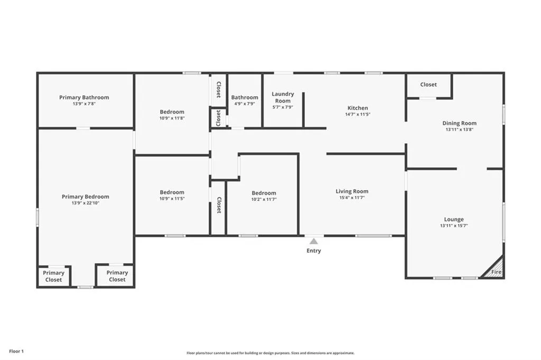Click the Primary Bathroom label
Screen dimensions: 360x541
click(84, 97)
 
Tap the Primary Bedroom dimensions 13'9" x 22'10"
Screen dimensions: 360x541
click(85, 203)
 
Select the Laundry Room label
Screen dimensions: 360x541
click(283, 97)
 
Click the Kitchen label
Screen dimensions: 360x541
click(357, 108)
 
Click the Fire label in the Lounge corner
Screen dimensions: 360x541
click(496, 272)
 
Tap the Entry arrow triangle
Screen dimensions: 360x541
click(314, 241)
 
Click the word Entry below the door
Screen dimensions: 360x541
click(314, 251)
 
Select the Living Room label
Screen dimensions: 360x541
click(352, 191)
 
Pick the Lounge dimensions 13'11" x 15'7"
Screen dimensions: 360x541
click(454, 226)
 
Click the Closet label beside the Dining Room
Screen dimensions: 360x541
click(428, 85)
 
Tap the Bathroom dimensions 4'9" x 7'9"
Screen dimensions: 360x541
click(245, 104)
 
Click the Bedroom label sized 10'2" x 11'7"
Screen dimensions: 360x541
click(264, 193)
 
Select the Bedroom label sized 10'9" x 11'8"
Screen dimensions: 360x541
click(172, 112)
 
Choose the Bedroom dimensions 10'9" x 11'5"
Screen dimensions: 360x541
click(172, 199)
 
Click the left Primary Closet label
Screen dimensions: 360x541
click(53, 276)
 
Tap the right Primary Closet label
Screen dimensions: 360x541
click(117, 276)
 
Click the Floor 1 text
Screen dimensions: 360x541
click(16, 351)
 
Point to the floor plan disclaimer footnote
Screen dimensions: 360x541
click(270, 353)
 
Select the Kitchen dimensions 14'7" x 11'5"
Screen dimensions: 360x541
click(357, 114)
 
